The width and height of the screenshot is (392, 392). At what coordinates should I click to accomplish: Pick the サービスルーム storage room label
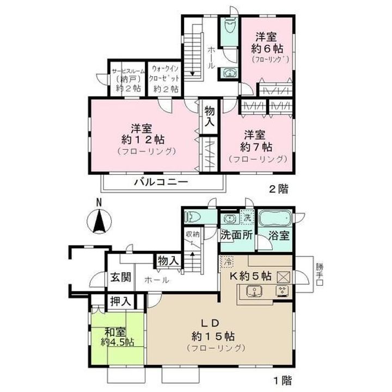click(x=127, y=71)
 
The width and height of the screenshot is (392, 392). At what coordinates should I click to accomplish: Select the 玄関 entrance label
click(x=121, y=277)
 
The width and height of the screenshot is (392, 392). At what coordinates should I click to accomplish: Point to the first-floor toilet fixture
click(x=193, y=217)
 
